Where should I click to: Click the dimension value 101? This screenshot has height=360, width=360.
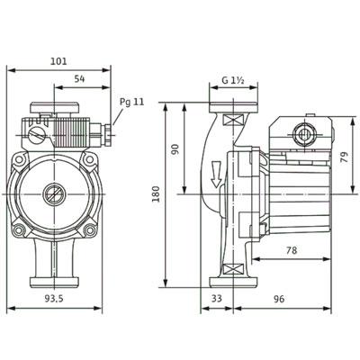(58, 61)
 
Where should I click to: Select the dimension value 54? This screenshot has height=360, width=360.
(79, 79)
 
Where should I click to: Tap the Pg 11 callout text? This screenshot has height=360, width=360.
(132, 102)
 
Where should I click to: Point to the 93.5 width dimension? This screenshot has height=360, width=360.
(54, 299)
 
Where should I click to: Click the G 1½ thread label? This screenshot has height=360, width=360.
(234, 80)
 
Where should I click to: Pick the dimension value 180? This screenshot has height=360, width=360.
(156, 194)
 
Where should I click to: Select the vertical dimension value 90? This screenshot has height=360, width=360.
(175, 149)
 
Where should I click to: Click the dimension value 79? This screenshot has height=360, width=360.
(346, 157)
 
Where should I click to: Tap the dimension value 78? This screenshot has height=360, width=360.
(292, 250)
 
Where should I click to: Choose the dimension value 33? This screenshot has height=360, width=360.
(217, 299)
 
